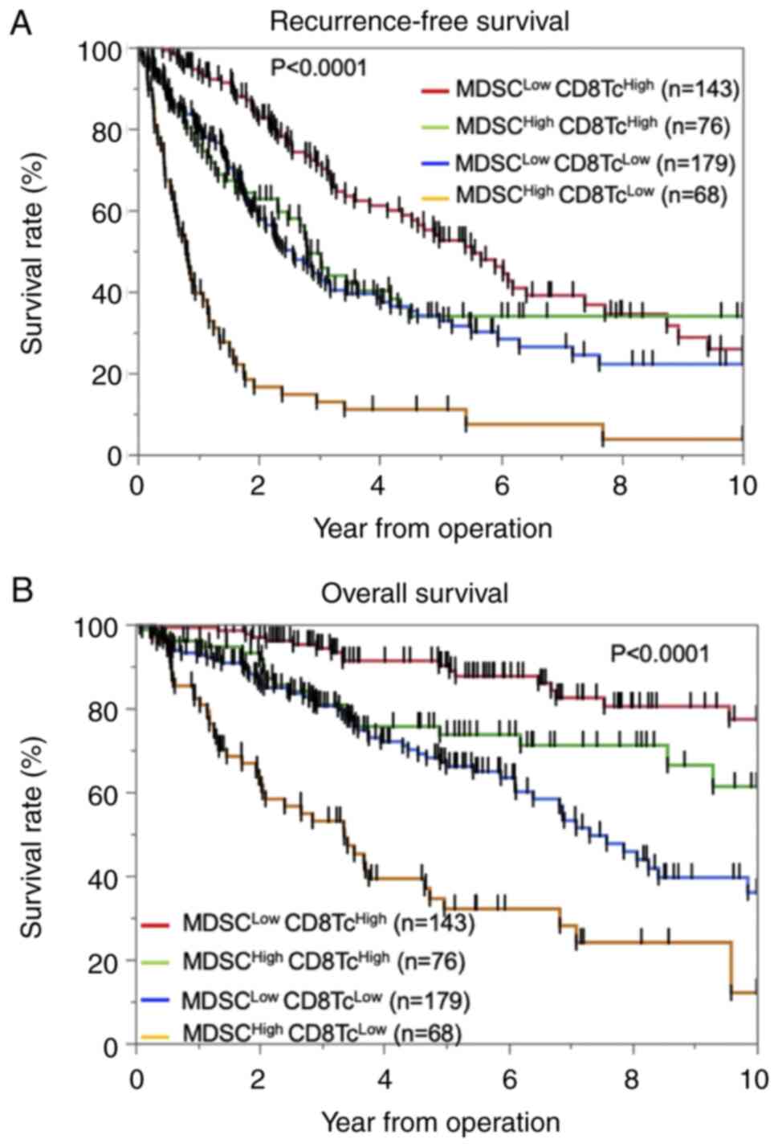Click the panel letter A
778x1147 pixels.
click(x=21, y=22)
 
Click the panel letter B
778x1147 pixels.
click(x=21, y=591)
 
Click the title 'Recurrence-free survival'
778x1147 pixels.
click(x=419, y=21)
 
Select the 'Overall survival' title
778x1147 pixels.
click(x=414, y=594)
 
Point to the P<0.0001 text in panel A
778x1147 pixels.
click(x=318, y=67)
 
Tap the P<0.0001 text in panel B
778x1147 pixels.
click(x=660, y=654)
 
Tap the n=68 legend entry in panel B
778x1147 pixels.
click(x=322, y=1032)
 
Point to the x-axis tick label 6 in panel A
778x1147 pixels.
click(x=501, y=487)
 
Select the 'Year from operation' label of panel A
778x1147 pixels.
click(x=432, y=529)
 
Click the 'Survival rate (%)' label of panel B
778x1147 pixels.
click(x=32, y=836)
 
